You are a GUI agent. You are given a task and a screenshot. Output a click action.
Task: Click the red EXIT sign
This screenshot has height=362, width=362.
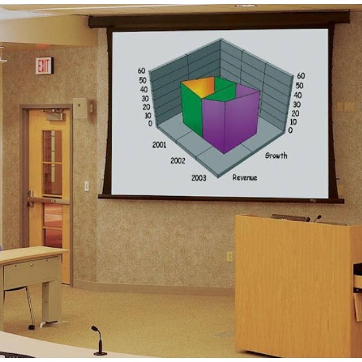(44, 66)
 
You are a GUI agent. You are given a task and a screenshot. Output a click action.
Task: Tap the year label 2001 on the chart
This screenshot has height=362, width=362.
(159, 145)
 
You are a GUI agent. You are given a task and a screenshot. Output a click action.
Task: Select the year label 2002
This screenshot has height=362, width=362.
(178, 161)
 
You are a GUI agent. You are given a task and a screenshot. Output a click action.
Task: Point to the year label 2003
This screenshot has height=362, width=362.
(199, 178)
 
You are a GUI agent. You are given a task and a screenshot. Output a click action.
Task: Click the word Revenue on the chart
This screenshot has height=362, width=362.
(245, 177)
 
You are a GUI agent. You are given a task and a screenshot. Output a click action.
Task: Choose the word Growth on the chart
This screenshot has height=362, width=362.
(276, 155)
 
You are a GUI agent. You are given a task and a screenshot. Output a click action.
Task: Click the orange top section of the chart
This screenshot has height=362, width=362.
(199, 87)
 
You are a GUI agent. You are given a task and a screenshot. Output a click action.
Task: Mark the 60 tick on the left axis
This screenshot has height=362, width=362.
(142, 71)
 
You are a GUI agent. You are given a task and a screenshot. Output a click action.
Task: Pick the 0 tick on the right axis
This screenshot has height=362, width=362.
(290, 130)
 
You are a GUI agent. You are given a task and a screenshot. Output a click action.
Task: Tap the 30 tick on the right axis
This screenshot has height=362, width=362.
(297, 104)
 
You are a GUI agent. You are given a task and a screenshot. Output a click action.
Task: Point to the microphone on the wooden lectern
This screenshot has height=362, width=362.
(317, 218)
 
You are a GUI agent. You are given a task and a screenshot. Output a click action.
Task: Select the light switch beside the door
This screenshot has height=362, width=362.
(86, 186)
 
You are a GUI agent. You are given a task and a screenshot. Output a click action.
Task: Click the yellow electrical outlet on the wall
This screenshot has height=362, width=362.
(229, 256)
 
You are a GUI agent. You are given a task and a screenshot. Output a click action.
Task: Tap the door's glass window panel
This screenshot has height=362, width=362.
(52, 163)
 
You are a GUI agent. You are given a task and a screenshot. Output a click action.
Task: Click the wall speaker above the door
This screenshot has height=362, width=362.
(80, 108)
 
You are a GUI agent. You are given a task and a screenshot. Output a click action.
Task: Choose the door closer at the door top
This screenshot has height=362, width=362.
(54, 114)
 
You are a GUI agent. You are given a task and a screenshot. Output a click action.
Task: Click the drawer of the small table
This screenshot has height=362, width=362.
(32, 272)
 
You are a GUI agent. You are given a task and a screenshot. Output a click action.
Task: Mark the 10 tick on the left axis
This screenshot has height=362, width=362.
(148, 116)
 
